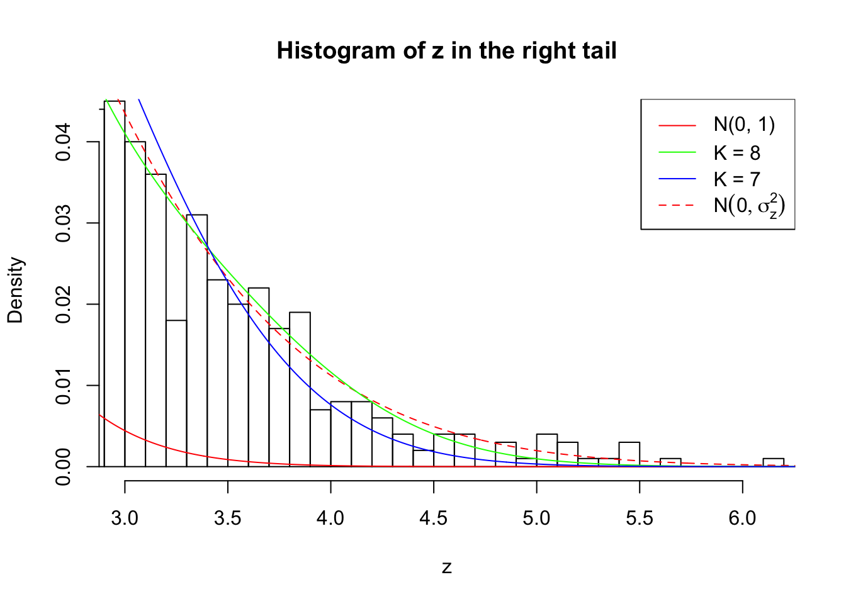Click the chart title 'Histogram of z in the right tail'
446,51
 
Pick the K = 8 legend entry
736,152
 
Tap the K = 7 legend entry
736,179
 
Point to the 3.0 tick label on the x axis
125,518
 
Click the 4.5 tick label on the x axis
434,518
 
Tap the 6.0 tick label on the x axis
742,518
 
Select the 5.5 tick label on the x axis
640,518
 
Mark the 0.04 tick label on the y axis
64,142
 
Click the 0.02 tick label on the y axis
64,305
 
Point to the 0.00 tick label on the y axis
64,467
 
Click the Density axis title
15,290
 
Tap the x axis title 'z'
446,568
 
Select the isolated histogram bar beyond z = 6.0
773,462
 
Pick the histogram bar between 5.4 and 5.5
629,454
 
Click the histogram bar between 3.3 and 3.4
197,340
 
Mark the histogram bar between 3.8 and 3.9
300,389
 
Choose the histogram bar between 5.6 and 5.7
670,462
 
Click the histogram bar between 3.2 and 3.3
176,393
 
